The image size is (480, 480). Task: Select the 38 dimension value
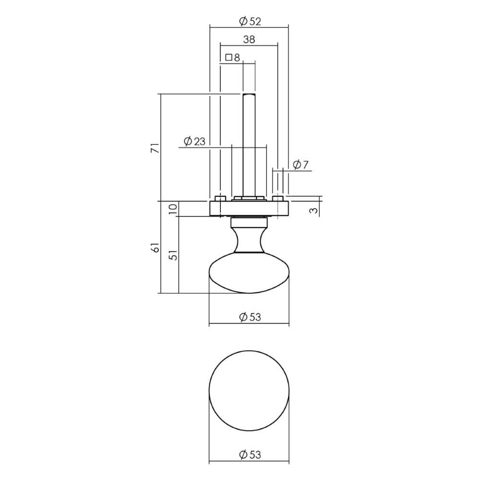(249, 39)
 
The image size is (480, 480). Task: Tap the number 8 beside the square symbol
(236, 58)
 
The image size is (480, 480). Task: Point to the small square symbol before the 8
(228, 58)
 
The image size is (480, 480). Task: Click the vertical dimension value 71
(155, 147)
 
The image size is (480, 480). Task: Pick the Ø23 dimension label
(194, 141)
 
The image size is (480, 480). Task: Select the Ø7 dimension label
(300, 165)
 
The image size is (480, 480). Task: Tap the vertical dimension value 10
(174, 208)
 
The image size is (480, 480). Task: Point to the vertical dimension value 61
(155, 247)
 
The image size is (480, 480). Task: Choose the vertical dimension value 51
(174, 254)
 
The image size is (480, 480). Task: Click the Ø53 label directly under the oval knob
(249, 317)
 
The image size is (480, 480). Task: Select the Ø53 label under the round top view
(249, 455)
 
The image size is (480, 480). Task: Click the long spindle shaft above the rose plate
(249, 144)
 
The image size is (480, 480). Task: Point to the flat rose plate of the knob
(249, 208)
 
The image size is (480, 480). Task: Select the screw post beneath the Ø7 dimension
(277, 198)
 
